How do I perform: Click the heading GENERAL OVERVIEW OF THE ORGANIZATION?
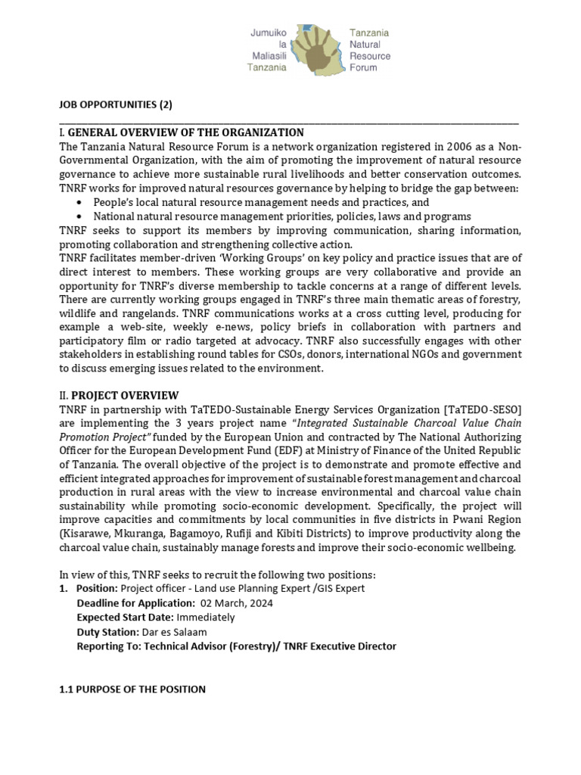click(185, 132)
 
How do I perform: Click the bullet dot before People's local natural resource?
click(80, 203)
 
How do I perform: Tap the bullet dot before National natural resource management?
click(80, 216)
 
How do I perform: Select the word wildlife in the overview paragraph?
click(79, 313)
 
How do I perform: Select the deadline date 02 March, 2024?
click(238, 603)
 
